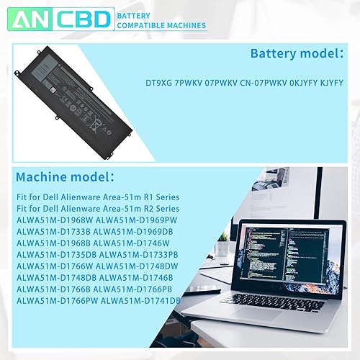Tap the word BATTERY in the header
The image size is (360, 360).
click(x=133, y=14)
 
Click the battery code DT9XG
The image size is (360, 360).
click(x=170, y=84)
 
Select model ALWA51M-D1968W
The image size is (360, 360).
click(x=53, y=220)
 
